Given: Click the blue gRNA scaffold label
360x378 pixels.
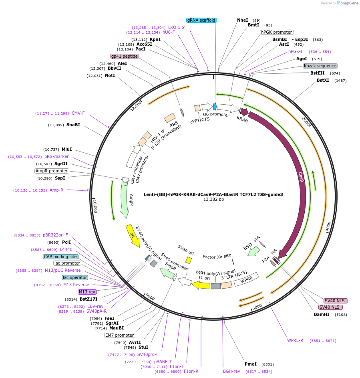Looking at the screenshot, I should (202, 20).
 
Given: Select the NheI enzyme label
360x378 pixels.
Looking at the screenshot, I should (242, 20).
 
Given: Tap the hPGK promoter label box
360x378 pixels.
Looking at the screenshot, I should (276, 32).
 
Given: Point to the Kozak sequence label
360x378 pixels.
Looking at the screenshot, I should (320, 66).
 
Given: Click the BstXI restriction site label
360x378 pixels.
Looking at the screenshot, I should (323, 80).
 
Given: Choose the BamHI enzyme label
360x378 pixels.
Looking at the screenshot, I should (322, 314).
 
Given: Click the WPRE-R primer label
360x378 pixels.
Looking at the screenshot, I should (295, 340).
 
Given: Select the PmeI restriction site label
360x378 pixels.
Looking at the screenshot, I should (250, 364).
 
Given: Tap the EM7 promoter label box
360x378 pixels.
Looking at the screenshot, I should (119, 335).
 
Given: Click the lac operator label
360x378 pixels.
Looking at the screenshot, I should (75, 277).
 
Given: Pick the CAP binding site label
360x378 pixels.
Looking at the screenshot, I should (60, 257).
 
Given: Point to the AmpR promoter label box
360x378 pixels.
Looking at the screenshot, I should (52, 171).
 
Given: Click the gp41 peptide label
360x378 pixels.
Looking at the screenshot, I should (125, 56).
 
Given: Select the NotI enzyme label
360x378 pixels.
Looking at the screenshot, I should (110, 75).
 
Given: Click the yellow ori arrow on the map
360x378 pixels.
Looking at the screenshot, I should (133, 236).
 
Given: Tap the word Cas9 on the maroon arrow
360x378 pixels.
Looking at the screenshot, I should (301, 177).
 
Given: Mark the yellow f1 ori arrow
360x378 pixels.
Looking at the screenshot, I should (200, 285).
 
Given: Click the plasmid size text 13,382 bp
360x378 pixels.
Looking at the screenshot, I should (213, 199).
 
